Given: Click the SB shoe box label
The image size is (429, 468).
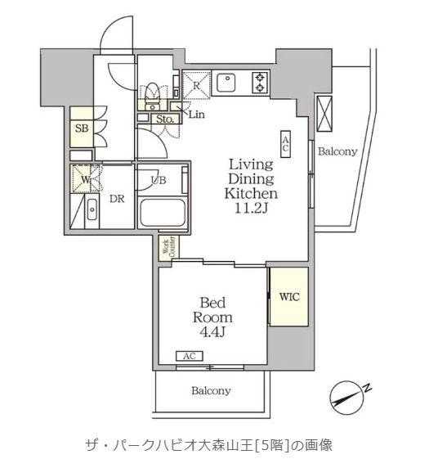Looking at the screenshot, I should click(x=82, y=128).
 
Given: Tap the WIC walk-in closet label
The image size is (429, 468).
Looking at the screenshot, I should click(x=289, y=297).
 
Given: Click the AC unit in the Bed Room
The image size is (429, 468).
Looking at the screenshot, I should click(x=189, y=357).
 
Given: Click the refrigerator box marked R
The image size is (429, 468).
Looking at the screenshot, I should click(x=197, y=84).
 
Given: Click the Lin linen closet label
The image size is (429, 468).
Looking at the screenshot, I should click(x=196, y=115).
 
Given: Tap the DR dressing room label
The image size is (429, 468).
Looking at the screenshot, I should click(x=117, y=199).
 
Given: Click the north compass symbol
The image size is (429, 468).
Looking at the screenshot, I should click(x=351, y=397).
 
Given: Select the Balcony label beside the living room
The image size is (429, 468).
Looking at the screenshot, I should click(x=337, y=152).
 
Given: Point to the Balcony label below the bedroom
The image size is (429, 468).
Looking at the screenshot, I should click(x=211, y=391).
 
